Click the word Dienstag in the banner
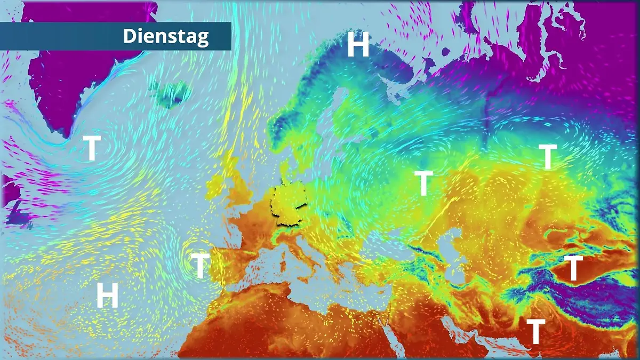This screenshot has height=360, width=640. tap(166, 36)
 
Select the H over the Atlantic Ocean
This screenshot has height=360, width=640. tap(107, 295)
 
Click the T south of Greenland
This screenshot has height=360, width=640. tap(92, 148)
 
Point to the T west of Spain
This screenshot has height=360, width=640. tap(199, 266)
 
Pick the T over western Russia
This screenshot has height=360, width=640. tap(423, 183)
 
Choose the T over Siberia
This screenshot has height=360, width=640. tap(547, 157)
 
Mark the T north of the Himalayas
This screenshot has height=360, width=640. tap(573, 268)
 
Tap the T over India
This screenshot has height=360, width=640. tap(535, 331)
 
